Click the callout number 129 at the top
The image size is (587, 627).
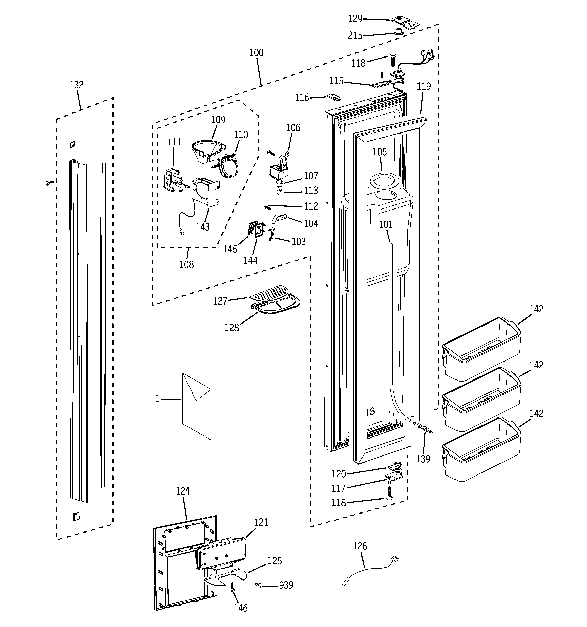355,19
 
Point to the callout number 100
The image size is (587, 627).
256,53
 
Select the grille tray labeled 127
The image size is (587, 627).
269,293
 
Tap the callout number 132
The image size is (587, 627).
77,85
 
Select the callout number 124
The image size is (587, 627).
183,491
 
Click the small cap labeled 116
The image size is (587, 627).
334,97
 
